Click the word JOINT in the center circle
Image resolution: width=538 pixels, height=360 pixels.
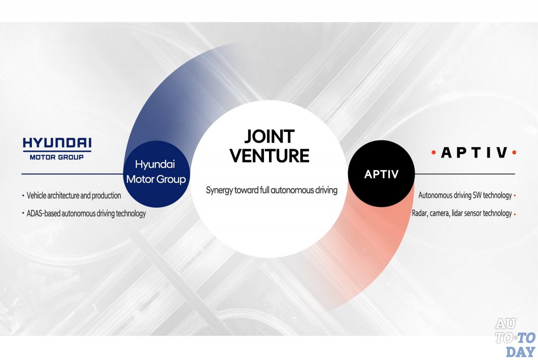[x=269, y=137]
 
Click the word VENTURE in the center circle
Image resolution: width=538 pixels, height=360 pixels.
[x=269, y=155]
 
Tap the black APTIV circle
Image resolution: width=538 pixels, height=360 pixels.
[x=381, y=174]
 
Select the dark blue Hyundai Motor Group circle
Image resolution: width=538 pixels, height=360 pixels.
[x=157, y=174]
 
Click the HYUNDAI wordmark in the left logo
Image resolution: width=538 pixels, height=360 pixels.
[x=57, y=143]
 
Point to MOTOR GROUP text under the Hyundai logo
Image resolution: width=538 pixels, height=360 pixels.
[x=57, y=158]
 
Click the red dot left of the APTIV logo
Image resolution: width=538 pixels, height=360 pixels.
[x=433, y=152]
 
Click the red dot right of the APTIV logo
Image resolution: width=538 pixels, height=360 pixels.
[x=514, y=152]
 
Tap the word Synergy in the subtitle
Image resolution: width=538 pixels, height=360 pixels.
[x=219, y=190]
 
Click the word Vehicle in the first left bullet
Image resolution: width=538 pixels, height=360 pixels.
[x=36, y=196]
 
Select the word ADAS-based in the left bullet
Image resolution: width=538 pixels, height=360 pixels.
[x=43, y=213]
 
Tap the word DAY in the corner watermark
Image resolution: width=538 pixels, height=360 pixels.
[x=520, y=352]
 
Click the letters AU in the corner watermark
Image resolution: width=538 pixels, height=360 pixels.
[x=506, y=324]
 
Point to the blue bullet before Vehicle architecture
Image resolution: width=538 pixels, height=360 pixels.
[x=23, y=196]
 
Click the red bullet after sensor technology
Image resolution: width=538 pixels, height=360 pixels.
[x=515, y=214]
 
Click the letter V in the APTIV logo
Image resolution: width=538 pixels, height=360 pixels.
[x=502, y=152]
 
